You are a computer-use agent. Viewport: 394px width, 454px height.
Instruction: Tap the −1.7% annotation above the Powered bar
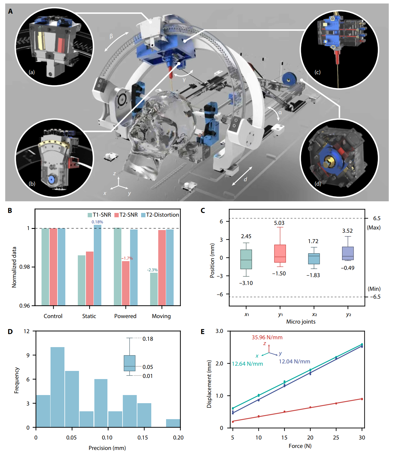(x=127, y=258)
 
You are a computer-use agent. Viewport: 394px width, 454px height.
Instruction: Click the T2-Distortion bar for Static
(x=98, y=265)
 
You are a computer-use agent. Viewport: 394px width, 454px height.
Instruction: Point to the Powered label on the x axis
(x=125, y=316)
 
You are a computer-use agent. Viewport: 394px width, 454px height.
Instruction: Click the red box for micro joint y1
(x=280, y=254)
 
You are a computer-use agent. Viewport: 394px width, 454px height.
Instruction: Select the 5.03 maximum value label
(x=279, y=223)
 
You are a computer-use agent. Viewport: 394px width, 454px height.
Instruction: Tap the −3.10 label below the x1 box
(x=246, y=283)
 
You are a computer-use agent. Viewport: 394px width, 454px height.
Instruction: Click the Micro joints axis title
(x=301, y=322)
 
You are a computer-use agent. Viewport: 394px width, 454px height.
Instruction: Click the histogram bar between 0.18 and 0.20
(x=173, y=423)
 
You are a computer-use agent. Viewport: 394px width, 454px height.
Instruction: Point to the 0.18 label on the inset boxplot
(x=148, y=339)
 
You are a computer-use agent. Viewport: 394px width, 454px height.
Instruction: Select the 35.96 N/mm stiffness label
(x=267, y=337)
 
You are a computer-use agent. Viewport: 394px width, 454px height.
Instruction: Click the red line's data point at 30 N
(x=362, y=399)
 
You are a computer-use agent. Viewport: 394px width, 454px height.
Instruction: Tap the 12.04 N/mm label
(x=294, y=361)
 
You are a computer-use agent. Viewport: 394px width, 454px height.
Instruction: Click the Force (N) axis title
(x=300, y=446)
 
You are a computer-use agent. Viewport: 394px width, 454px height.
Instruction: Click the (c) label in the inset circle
(x=318, y=72)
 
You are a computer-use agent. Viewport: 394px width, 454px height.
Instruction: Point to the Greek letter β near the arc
(x=111, y=36)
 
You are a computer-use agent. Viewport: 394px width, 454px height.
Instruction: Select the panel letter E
(x=203, y=332)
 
